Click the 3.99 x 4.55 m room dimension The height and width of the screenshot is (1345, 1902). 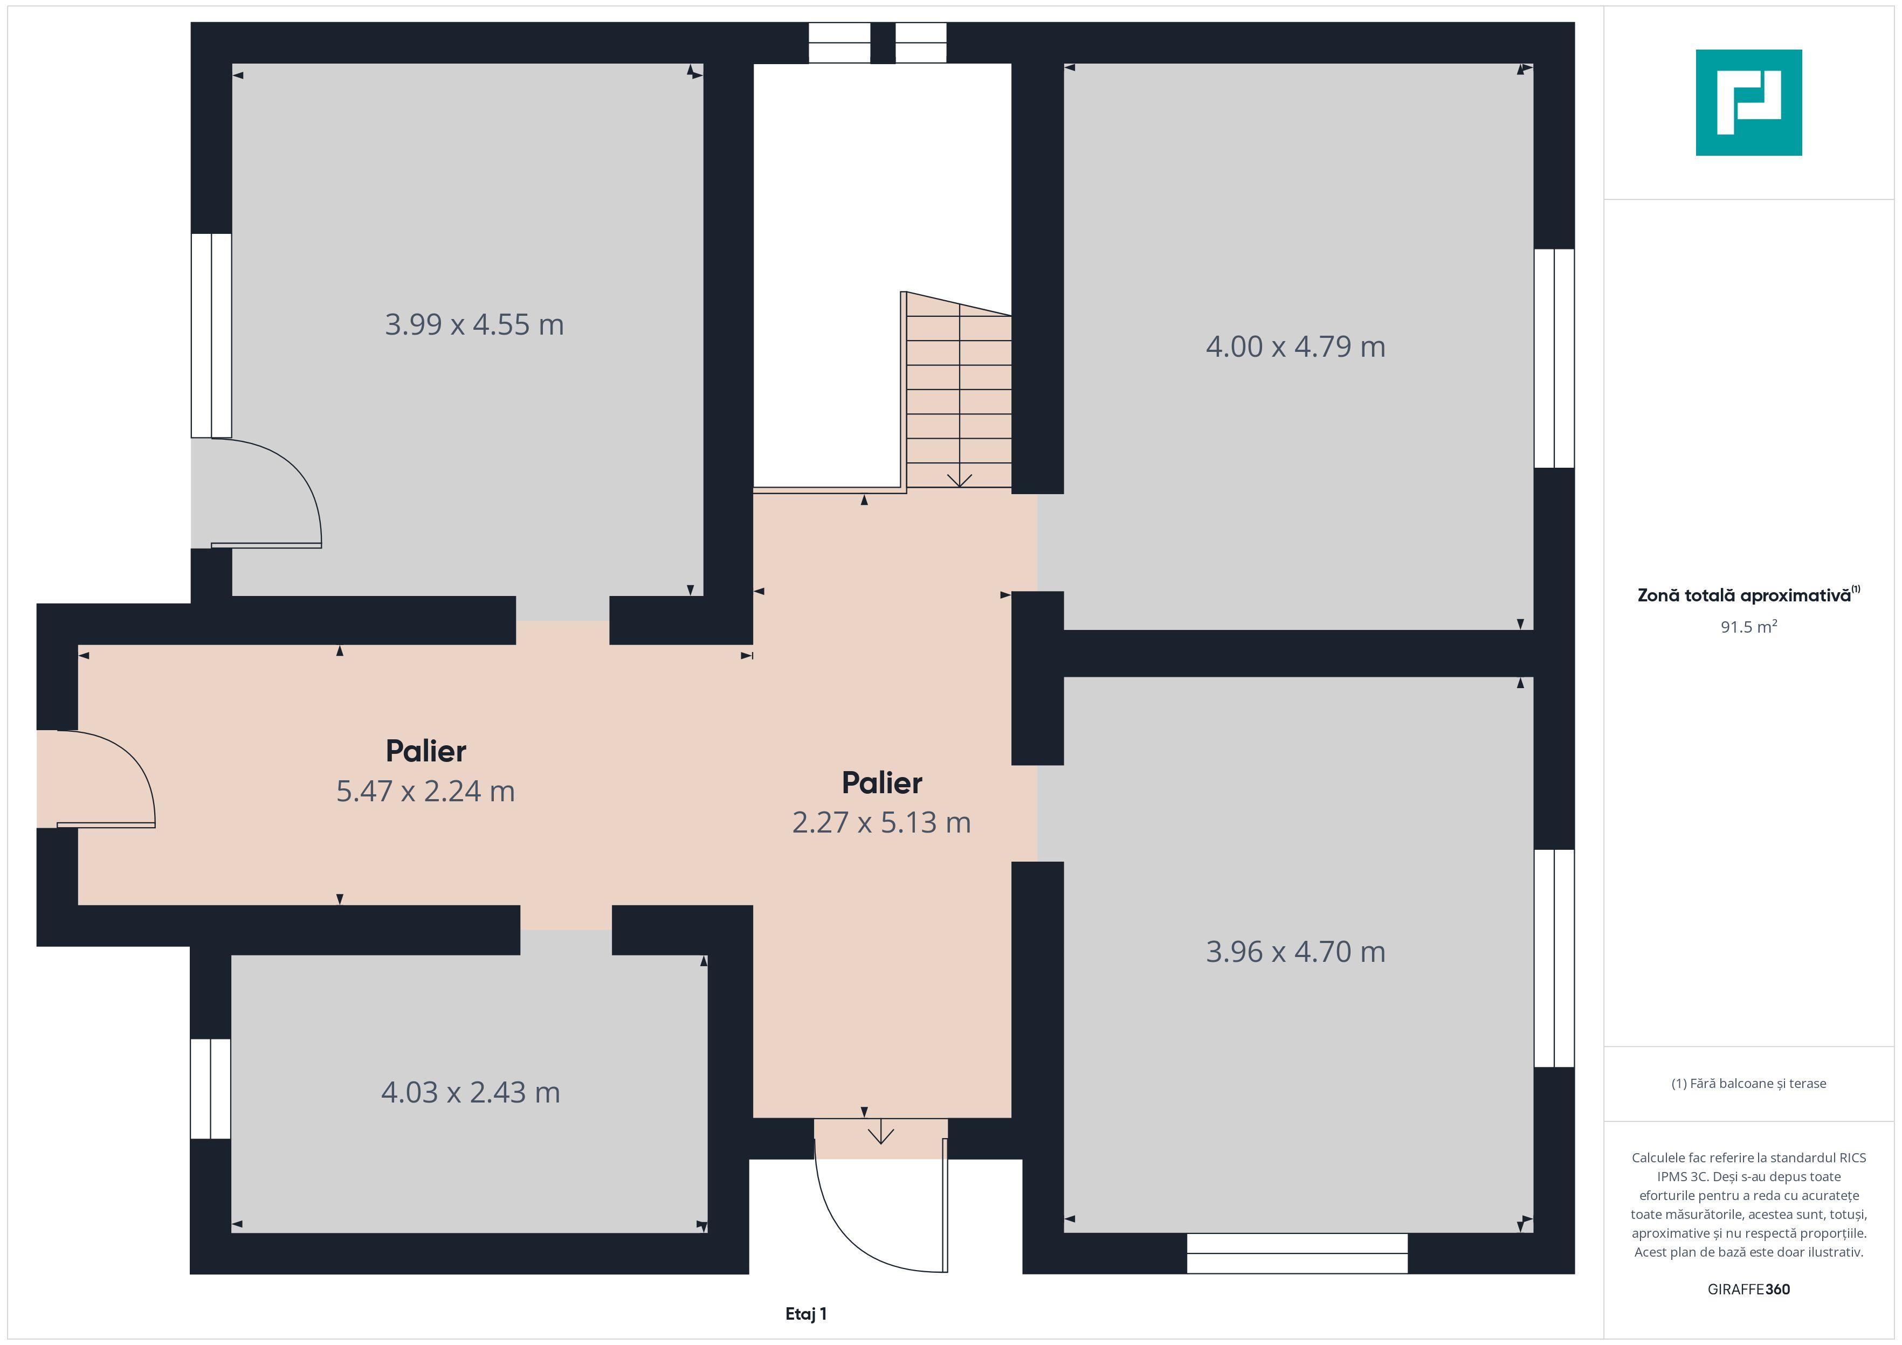click(474, 324)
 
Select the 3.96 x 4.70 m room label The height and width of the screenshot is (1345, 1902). click(1295, 952)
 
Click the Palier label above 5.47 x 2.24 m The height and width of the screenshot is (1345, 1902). click(426, 751)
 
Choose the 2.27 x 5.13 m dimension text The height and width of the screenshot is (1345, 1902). click(881, 822)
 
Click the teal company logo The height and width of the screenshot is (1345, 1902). click(1749, 103)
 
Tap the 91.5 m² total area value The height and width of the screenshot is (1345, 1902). click(1749, 627)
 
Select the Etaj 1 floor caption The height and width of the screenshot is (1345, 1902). click(806, 1314)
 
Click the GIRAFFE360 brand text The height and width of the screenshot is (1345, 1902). click(1749, 1289)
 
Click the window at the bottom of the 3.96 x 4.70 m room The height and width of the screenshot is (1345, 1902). click(1297, 1253)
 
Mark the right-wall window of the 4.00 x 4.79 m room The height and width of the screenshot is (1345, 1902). click(1554, 358)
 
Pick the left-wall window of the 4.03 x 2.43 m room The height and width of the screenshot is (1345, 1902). click(210, 1089)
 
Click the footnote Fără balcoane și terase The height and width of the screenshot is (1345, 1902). click(1749, 1083)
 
